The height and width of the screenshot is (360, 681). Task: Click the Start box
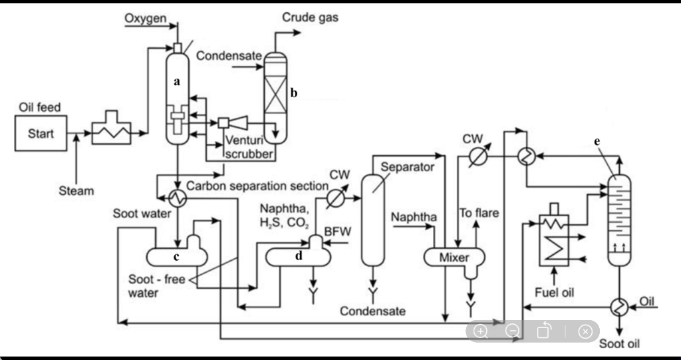coord(41,132)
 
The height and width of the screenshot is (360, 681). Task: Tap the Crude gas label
coord(310,18)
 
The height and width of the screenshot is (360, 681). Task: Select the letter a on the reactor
coord(176,81)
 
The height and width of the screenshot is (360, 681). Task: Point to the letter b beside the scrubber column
coord(293,93)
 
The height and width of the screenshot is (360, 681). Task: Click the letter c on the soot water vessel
coord(176,256)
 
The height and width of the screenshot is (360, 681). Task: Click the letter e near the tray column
coord(597,141)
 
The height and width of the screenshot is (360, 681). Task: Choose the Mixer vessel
coord(454,257)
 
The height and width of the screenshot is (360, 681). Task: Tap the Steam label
coord(76,191)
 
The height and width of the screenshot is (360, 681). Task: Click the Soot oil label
coord(619,344)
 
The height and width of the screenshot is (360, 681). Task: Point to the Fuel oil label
coord(555,292)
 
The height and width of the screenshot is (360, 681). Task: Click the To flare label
coord(479,214)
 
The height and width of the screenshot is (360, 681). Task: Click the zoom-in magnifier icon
coord(481,331)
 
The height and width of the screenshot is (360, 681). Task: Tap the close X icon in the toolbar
coord(585,331)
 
